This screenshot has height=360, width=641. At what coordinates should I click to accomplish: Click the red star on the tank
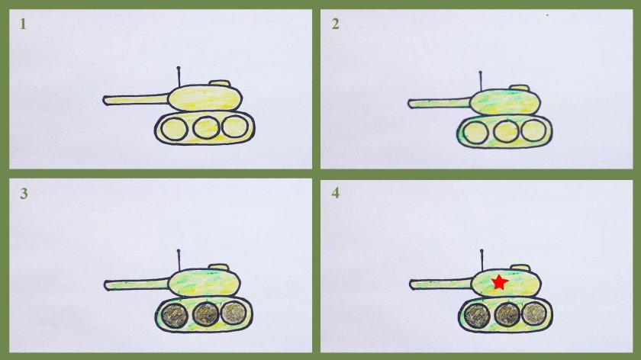point(499,282)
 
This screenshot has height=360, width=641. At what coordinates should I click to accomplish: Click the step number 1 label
point(23,24)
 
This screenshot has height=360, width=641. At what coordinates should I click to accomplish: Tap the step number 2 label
point(335,24)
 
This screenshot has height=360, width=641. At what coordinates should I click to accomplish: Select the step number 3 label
point(24,193)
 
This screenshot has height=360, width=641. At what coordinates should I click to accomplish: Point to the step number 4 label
point(335,193)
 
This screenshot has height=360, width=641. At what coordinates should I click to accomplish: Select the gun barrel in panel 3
point(137,284)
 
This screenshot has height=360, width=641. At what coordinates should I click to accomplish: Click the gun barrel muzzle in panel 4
point(414,285)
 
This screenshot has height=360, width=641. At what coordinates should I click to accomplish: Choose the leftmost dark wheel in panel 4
point(477,313)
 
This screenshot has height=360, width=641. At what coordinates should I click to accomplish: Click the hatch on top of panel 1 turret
point(220,83)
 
